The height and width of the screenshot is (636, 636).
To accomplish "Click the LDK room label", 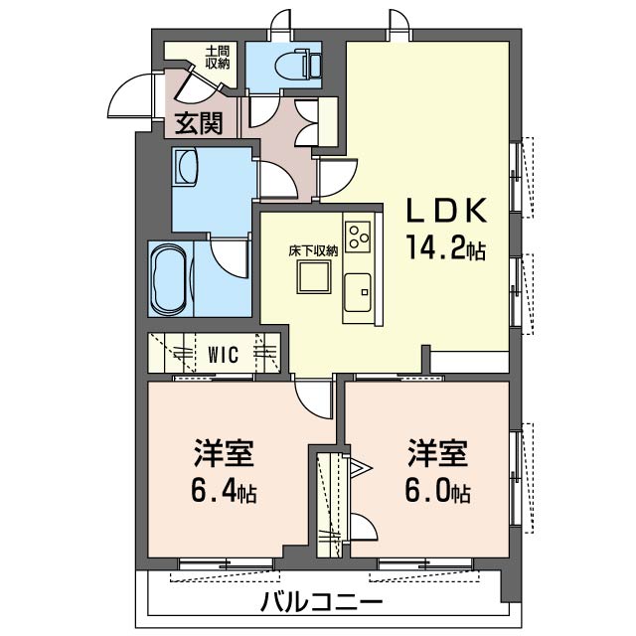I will [444, 212].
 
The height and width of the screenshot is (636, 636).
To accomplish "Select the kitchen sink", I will [357, 291].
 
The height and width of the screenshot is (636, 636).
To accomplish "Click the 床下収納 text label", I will [314, 251].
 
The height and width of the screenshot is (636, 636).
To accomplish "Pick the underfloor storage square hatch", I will [314, 281].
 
